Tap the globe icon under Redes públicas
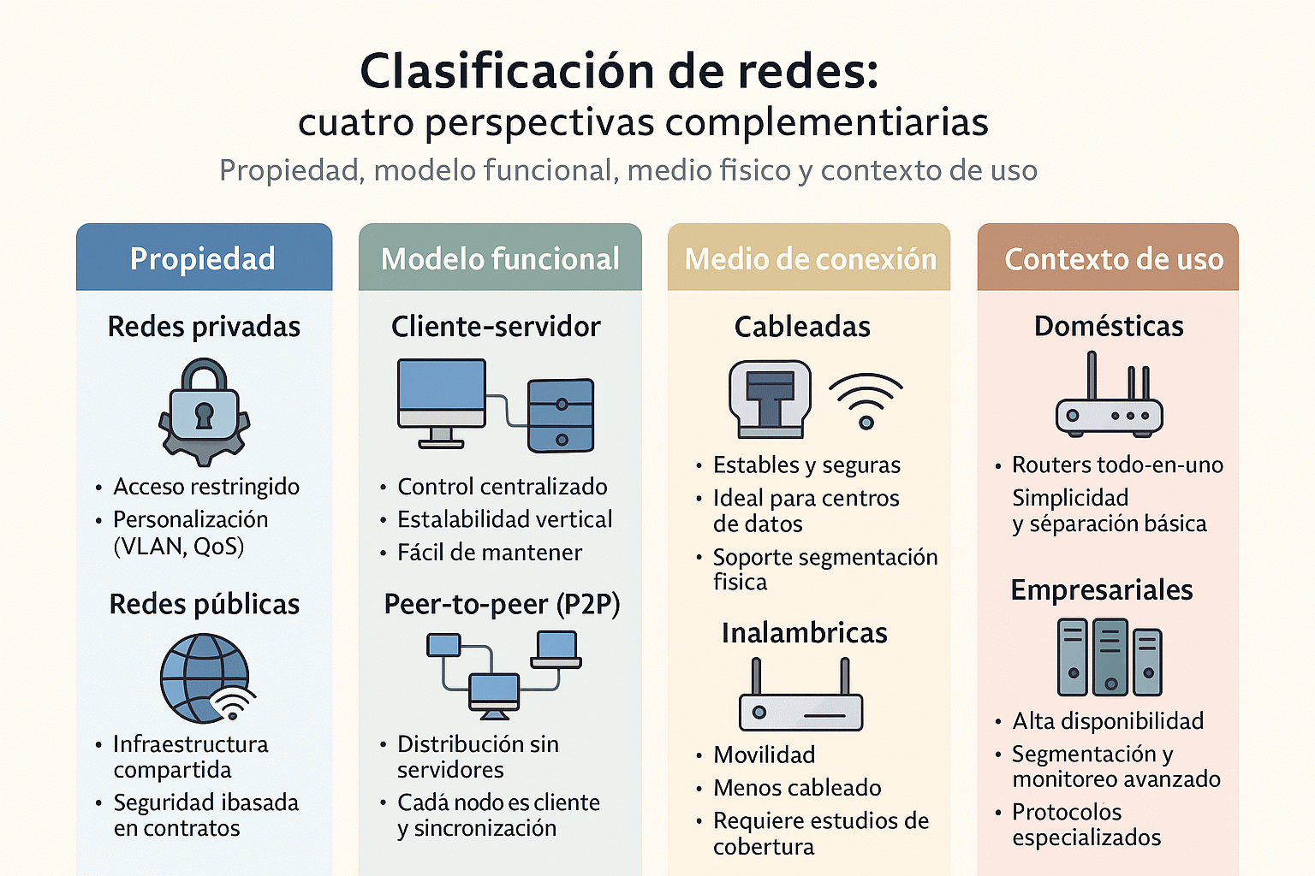[204, 677]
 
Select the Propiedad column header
[203, 258]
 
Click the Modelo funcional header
[500, 258]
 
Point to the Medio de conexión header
[810, 258]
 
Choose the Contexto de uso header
[1113, 258]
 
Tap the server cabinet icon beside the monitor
[561, 416]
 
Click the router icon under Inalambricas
[800, 697]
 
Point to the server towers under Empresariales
[1110, 657]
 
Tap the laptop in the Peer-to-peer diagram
[556, 649]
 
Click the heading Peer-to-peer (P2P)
[502, 605]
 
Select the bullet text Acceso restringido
[206, 487]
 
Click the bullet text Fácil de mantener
[490, 553]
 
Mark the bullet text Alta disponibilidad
[1108, 721]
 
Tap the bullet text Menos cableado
[797, 788]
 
